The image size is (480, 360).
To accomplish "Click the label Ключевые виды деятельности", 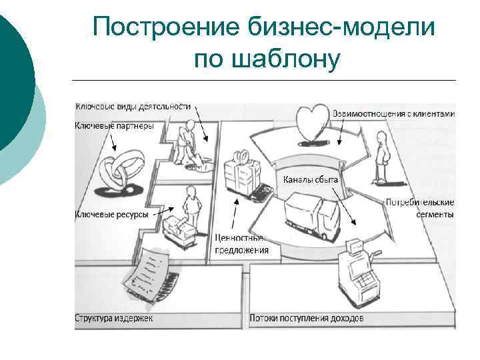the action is pyautogui.click(x=133, y=106).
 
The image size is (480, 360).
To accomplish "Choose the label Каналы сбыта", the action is pyautogui.click(x=311, y=179).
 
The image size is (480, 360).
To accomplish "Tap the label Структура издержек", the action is pyautogui.click(x=114, y=318).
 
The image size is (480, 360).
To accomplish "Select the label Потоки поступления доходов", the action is pyautogui.click(x=307, y=318).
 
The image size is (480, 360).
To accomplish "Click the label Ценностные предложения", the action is pyautogui.click(x=241, y=244).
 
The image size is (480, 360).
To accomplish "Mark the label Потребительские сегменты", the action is pyautogui.click(x=420, y=208).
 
